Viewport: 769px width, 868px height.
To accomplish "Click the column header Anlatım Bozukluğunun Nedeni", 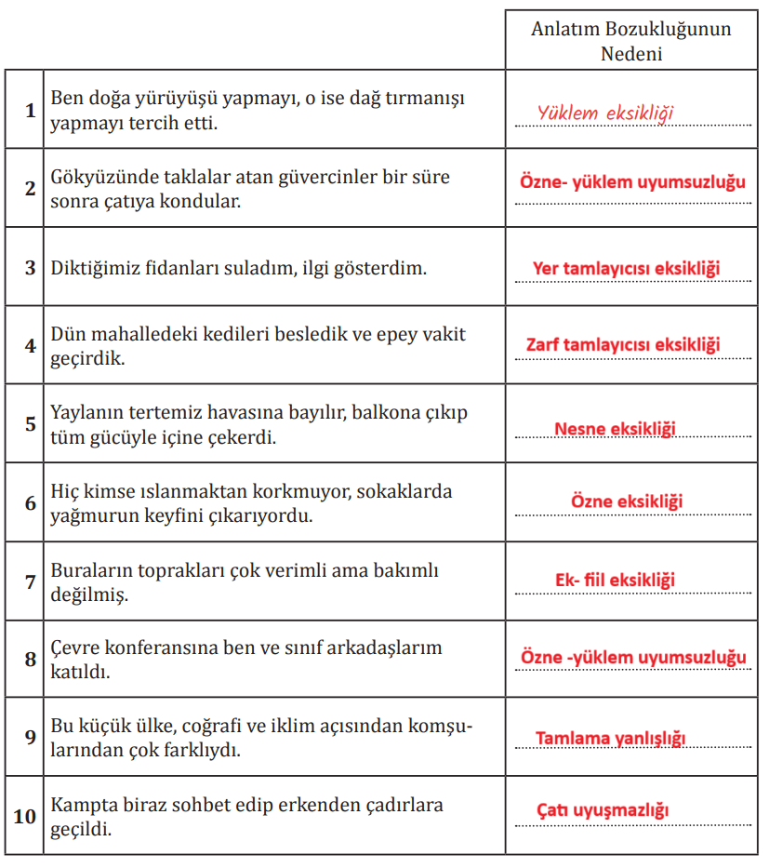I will (x=630, y=40).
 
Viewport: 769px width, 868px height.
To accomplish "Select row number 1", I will (x=30, y=110).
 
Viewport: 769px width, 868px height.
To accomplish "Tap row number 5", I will (x=30, y=423).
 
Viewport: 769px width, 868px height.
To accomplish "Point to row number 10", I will (x=25, y=816).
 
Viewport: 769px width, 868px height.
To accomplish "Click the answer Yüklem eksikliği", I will (x=604, y=114).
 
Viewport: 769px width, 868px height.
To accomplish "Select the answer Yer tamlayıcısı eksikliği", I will (x=627, y=268).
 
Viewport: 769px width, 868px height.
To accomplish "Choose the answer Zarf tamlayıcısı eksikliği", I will (x=623, y=345).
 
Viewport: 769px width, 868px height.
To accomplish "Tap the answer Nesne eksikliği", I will (x=615, y=429).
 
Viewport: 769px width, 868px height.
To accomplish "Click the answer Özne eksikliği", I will (x=627, y=501).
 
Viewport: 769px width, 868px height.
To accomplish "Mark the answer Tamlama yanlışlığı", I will (x=610, y=739).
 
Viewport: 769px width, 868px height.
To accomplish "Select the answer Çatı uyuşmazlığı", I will (x=603, y=811).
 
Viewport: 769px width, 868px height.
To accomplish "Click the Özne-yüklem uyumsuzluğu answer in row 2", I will (x=632, y=182).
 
